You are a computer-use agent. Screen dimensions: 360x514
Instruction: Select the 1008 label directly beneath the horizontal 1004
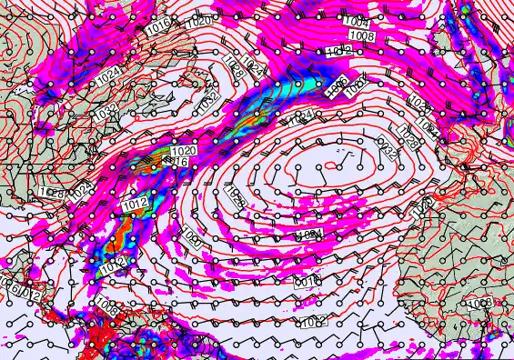pyautogui.click(x=362, y=35)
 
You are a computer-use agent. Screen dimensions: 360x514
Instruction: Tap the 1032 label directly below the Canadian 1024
pyautogui.click(x=106, y=112)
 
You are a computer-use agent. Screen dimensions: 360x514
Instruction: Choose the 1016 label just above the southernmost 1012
pyautogui.click(x=305, y=283)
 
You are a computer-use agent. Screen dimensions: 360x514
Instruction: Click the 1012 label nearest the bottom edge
pyautogui.click(x=314, y=321)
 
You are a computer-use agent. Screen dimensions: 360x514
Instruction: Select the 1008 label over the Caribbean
pyautogui.click(x=106, y=309)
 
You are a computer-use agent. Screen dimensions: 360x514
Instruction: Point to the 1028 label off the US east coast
pyautogui.click(x=52, y=193)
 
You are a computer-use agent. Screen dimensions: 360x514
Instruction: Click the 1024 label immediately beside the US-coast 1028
pyautogui.click(x=83, y=189)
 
